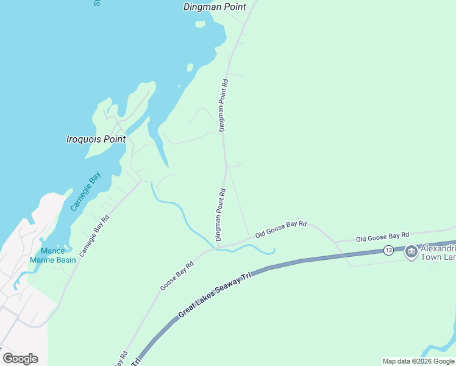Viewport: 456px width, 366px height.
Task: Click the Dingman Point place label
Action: coord(215,7)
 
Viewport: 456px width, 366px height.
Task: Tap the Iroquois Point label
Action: coord(96,139)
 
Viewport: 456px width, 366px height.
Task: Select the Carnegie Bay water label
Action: coord(85,191)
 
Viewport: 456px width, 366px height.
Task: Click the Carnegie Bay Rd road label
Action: coord(93,235)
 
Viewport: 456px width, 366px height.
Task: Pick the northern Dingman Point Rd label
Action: coord(224,105)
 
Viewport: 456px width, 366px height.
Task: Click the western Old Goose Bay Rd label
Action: coord(280,229)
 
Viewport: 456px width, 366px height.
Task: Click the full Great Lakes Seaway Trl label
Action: coord(215,296)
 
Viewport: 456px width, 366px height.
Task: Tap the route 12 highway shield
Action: coord(388,250)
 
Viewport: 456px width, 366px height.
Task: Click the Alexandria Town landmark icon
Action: coord(411,251)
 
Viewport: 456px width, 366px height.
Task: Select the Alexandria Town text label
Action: coord(436,251)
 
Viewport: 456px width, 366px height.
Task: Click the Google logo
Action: coord(20,358)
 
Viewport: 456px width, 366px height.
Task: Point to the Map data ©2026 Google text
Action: coord(418,361)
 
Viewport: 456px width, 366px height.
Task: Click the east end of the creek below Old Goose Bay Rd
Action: coord(274,249)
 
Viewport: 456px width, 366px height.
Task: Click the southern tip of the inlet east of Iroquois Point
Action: coord(166,166)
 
